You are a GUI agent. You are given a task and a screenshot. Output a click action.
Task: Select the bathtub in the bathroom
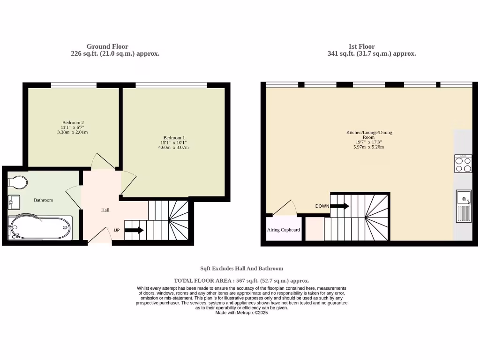pos(40,228)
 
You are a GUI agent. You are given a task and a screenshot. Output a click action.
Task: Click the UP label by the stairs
pos(117,230)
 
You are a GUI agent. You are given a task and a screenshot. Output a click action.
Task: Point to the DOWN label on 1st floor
pos(322,206)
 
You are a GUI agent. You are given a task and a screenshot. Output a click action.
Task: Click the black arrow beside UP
pos(134,230)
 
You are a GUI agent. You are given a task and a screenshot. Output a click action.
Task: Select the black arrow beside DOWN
pos(340,205)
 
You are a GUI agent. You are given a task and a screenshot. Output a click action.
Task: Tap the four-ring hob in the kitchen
pos(463,164)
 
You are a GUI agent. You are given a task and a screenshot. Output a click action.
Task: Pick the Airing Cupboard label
pos(284,230)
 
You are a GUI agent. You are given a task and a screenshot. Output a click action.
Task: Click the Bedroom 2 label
pos(73,123)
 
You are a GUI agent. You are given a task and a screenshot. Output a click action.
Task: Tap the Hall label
pos(105,210)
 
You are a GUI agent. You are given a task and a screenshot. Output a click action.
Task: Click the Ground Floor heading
pos(107,46)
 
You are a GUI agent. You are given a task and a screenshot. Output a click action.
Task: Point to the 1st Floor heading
pos(361,46)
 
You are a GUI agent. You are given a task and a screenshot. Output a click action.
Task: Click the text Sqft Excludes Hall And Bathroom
pos(241,269)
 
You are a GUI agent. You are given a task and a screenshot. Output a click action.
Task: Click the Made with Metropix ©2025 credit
pos(241,313)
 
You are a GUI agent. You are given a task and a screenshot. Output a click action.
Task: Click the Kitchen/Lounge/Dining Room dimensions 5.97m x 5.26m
pos(368,147)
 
